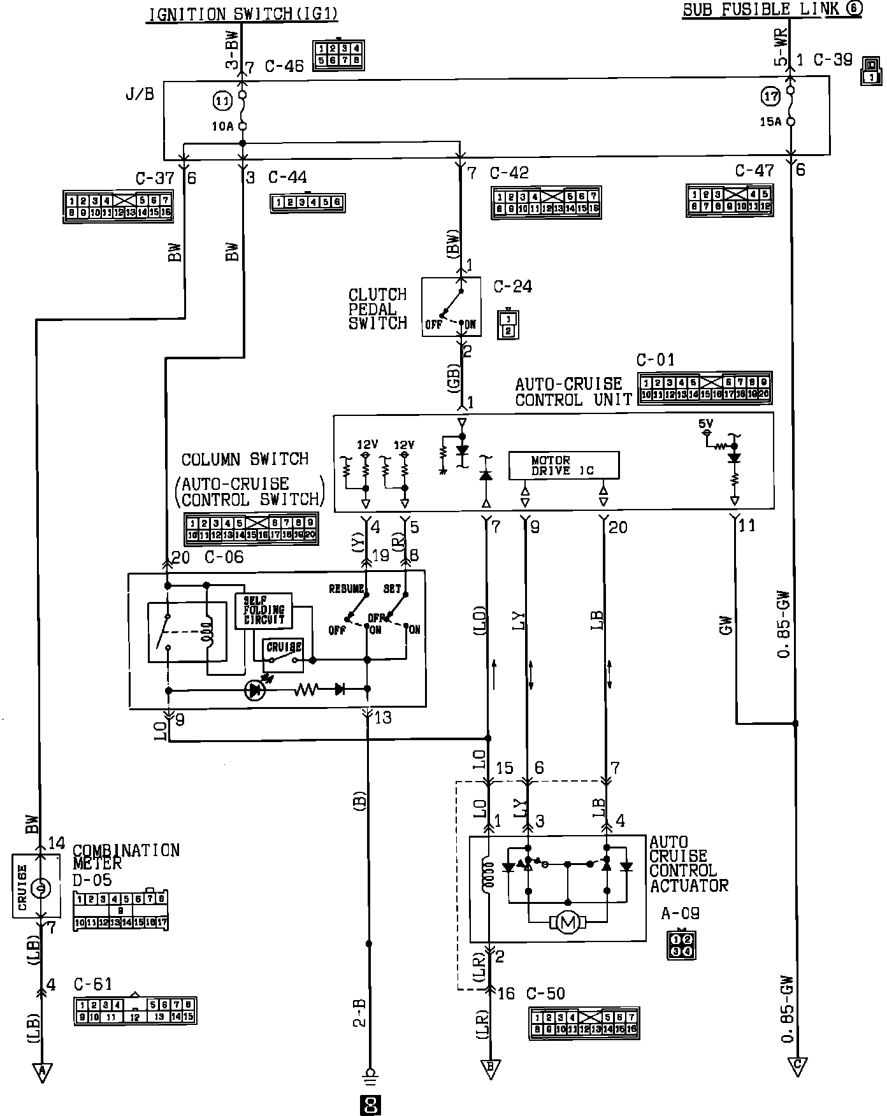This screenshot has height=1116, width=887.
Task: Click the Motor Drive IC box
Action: pos(563,466)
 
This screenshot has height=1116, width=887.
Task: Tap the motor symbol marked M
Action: pos(568,922)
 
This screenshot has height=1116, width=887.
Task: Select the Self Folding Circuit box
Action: pos(264,611)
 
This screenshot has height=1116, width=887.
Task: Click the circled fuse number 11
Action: pos(222,101)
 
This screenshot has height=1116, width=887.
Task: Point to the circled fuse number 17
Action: pos(770,97)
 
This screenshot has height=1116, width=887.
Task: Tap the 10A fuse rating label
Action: pos(222,127)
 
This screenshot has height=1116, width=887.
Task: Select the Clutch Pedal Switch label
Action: pos(377,309)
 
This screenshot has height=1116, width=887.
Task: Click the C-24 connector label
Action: pos(512,287)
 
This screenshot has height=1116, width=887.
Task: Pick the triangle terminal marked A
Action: pos(42,1072)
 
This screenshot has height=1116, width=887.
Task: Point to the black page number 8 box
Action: pos(370,1105)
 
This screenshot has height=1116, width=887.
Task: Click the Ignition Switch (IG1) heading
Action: pos(242,14)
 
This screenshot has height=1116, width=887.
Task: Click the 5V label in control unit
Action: pos(705,423)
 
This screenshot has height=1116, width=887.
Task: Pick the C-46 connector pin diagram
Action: pos(338,55)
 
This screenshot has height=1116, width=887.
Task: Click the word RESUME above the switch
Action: pos(347,589)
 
